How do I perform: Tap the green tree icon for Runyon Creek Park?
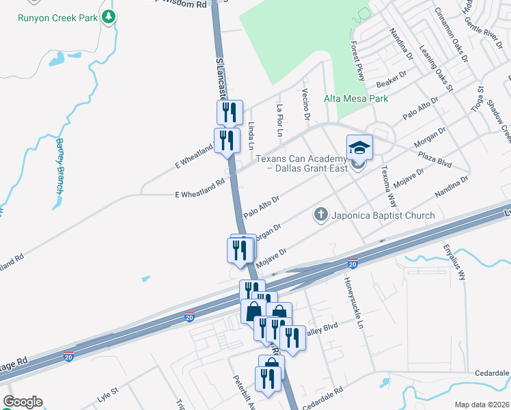pos(108,16)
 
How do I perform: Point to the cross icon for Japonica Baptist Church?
pos(320,215)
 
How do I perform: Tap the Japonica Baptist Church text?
pos(383,216)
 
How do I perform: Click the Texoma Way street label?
pos(388,181)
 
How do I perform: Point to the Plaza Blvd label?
pos(435,159)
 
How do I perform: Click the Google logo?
pos(22,402)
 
